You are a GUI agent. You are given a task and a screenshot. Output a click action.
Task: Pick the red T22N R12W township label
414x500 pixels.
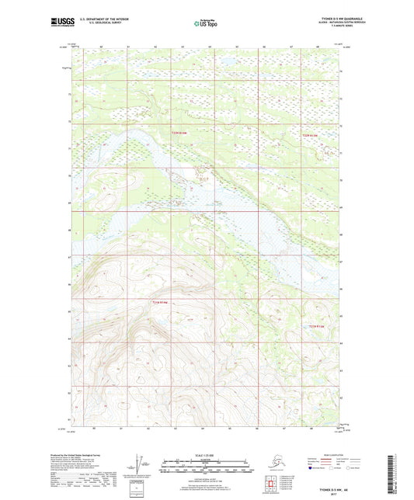point(310,137)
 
